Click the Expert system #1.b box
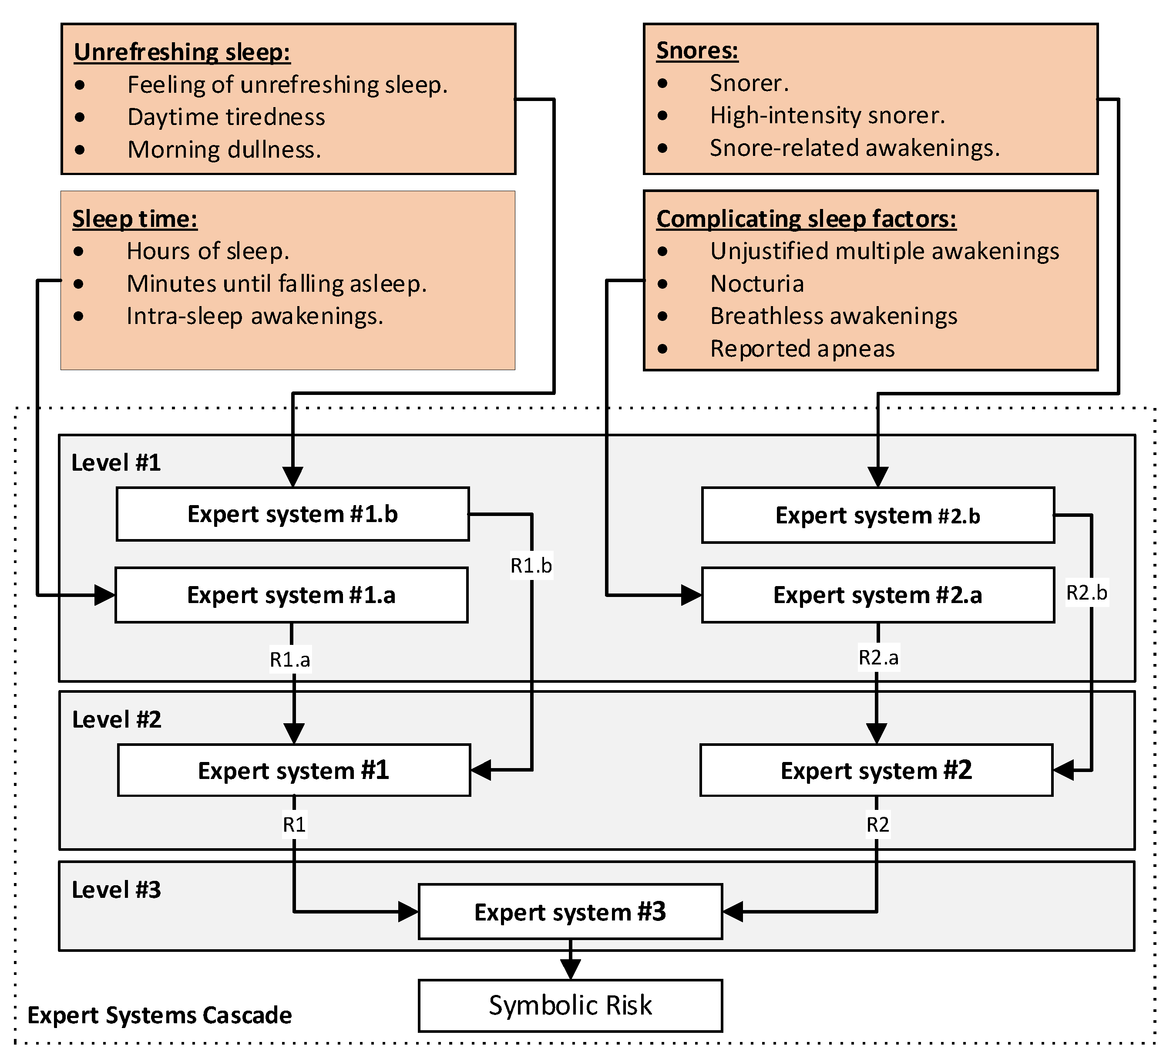click(x=292, y=514)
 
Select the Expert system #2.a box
click(x=877, y=595)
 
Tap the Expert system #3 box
click(x=570, y=912)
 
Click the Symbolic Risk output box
click(x=570, y=1005)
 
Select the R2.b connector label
click(x=1086, y=593)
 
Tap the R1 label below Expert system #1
click(x=294, y=824)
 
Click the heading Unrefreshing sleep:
click(x=182, y=52)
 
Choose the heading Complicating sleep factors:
click(x=806, y=219)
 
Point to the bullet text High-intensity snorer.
click(x=827, y=115)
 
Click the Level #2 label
click(x=116, y=720)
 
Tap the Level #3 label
click(x=116, y=890)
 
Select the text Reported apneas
click(x=802, y=349)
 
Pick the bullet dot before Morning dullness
click(x=80, y=150)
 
